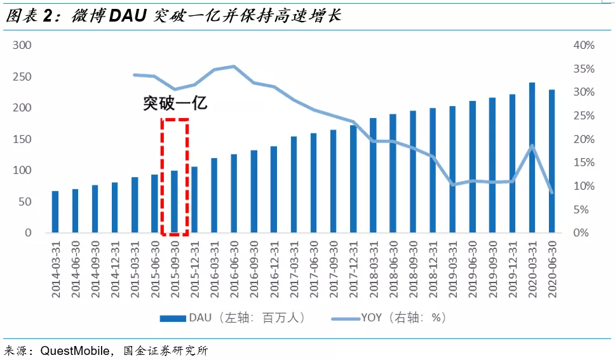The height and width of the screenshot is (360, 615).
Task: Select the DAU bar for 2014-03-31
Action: (55, 212)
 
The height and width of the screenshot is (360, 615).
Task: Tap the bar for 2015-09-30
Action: (174, 201)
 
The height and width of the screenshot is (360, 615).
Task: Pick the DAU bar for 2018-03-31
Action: (373, 175)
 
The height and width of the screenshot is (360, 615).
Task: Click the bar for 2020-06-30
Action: (551, 161)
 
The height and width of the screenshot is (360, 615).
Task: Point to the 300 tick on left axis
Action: (23, 46)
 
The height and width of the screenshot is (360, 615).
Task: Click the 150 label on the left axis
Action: (23, 140)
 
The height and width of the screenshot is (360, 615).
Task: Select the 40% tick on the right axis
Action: (584, 46)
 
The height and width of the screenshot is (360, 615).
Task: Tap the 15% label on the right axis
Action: (584, 163)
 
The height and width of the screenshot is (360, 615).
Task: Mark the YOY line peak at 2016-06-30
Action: (234, 66)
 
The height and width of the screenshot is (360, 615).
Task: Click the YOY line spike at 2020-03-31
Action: (532, 145)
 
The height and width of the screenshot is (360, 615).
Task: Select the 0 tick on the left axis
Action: (28, 233)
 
